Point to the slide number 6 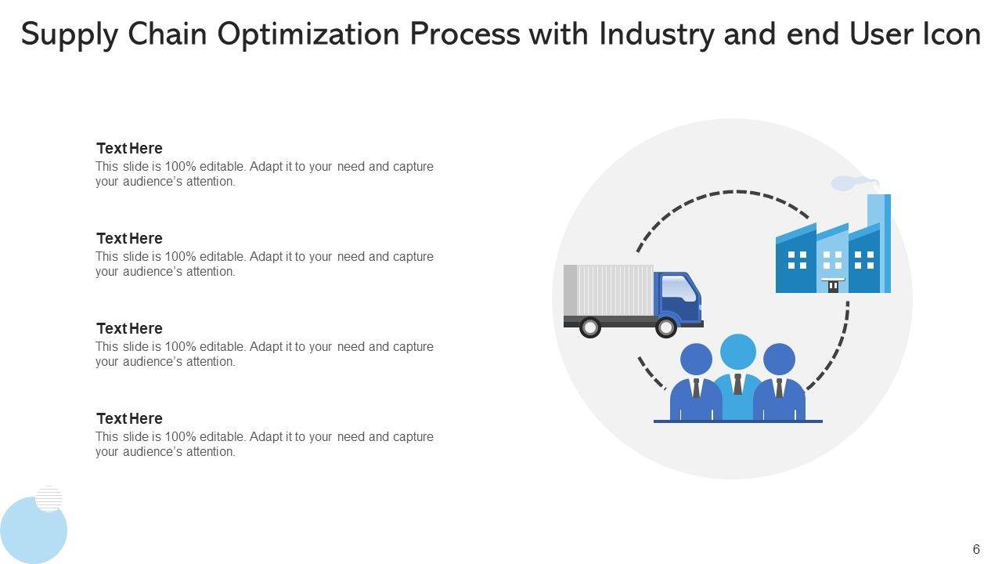tap(976, 550)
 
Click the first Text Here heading tap(129, 148)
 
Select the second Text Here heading tap(129, 238)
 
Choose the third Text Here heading tap(129, 328)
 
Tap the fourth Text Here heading tap(129, 418)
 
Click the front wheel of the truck tap(665, 327)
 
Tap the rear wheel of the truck tap(589, 327)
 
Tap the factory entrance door tap(833, 286)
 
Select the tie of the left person tap(696, 387)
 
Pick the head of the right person tap(779, 360)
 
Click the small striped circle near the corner tap(49, 498)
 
